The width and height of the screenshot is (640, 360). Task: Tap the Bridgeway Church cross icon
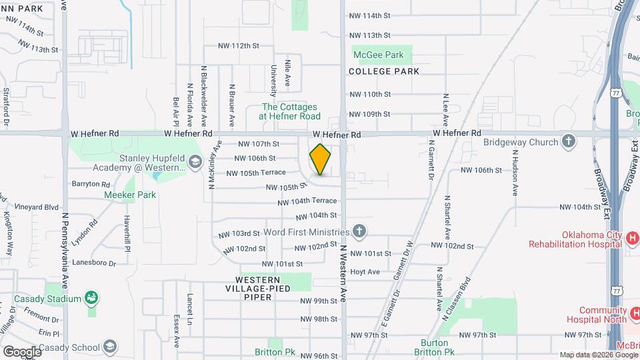point(568,141)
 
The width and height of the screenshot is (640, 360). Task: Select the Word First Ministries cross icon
point(359,232)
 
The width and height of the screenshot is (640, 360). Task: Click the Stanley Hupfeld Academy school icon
point(195,161)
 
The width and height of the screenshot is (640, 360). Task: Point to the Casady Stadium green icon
point(92,298)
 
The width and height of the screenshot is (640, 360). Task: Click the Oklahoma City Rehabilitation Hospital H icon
point(633,238)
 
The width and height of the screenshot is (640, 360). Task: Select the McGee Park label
point(378,55)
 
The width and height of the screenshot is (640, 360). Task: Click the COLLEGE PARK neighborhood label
point(384,71)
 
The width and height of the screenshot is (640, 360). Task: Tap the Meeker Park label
point(129,195)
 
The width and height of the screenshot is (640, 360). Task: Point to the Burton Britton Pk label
point(434,347)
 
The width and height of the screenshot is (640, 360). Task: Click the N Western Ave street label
point(344,273)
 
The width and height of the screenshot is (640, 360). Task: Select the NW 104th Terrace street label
point(307,201)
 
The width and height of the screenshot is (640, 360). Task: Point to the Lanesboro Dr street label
point(95,263)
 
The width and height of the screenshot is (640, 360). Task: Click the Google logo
point(21,351)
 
